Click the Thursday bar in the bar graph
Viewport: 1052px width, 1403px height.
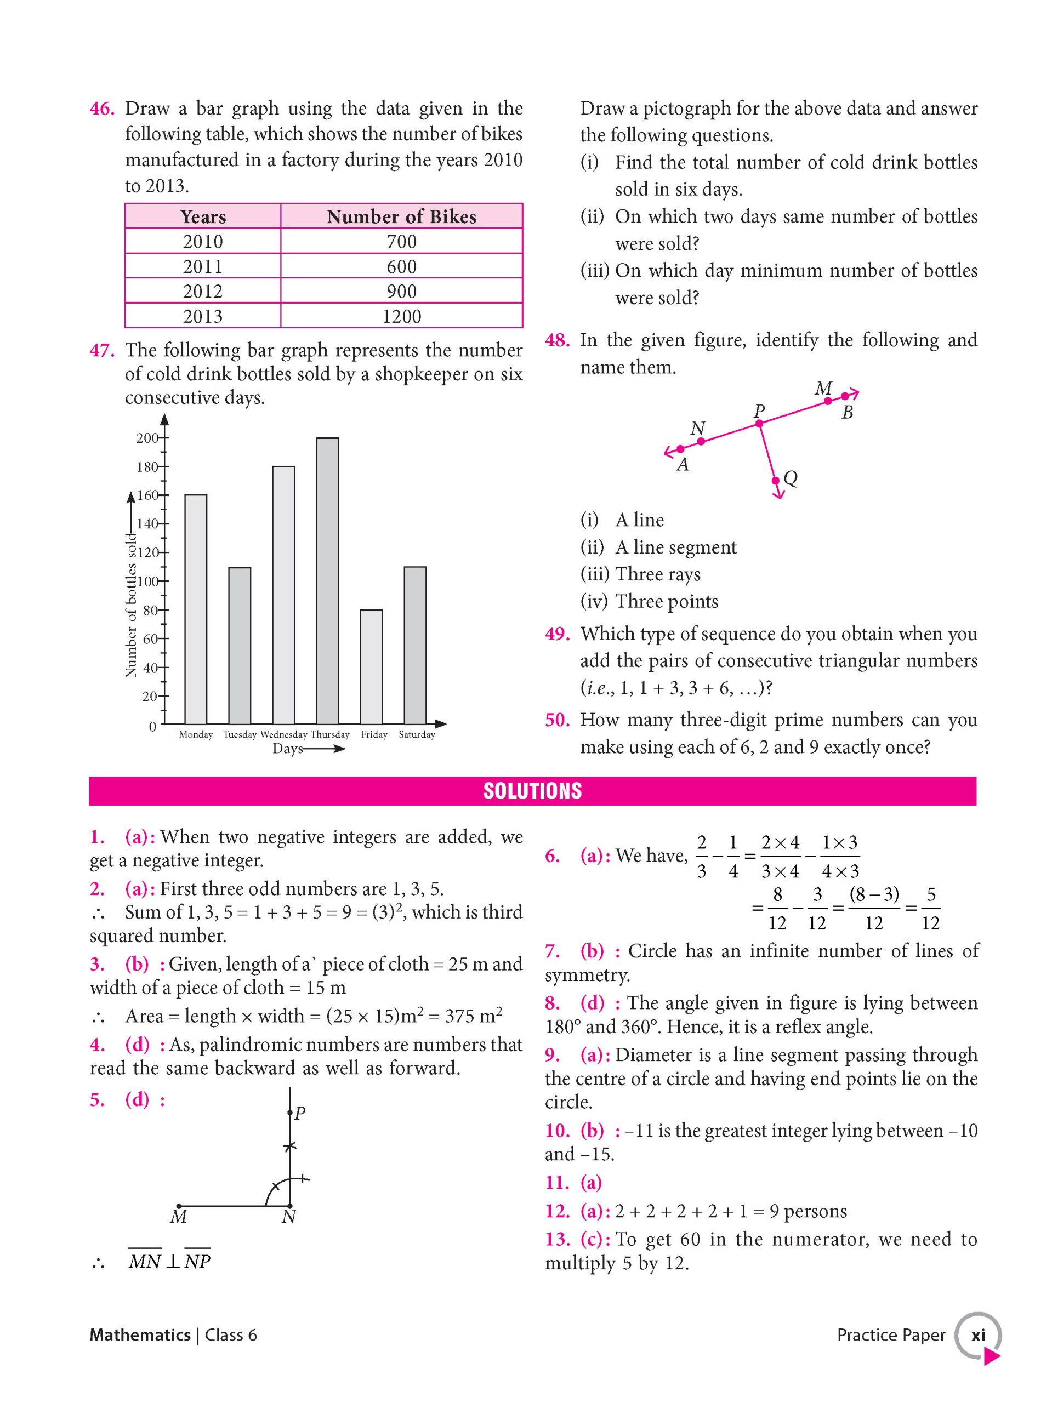coord(327,580)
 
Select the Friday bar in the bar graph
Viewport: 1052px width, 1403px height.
coord(371,666)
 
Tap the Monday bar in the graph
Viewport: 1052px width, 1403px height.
coord(195,609)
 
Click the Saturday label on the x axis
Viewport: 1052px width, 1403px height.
coord(417,734)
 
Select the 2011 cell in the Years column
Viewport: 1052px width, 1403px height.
coord(202,266)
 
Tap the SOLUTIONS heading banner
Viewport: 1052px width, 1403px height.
coord(532,791)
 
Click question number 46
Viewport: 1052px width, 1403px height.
coord(101,109)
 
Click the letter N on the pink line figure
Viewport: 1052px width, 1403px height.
coord(697,428)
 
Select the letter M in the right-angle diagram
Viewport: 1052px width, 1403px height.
coord(178,1216)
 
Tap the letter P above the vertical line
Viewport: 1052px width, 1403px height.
coord(300,1113)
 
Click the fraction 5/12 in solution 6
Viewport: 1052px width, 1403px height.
coord(930,908)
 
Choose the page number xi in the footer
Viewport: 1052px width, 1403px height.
coord(978,1335)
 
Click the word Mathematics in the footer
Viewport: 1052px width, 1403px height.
coord(140,1335)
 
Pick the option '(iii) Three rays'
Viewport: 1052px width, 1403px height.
coord(640,574)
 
